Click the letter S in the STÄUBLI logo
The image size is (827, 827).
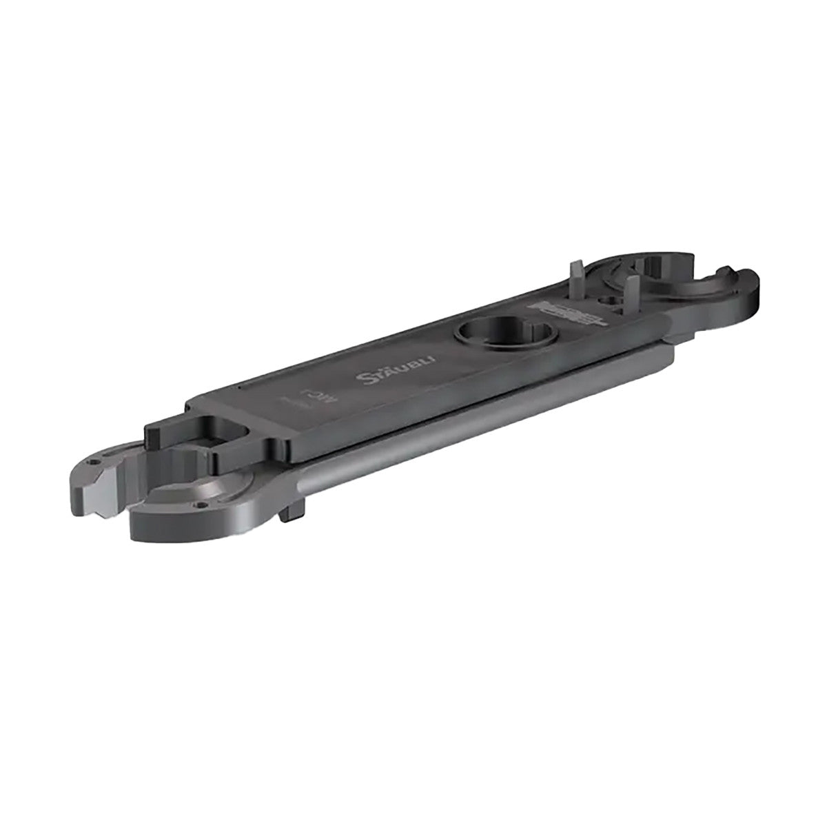tap(367, 380)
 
